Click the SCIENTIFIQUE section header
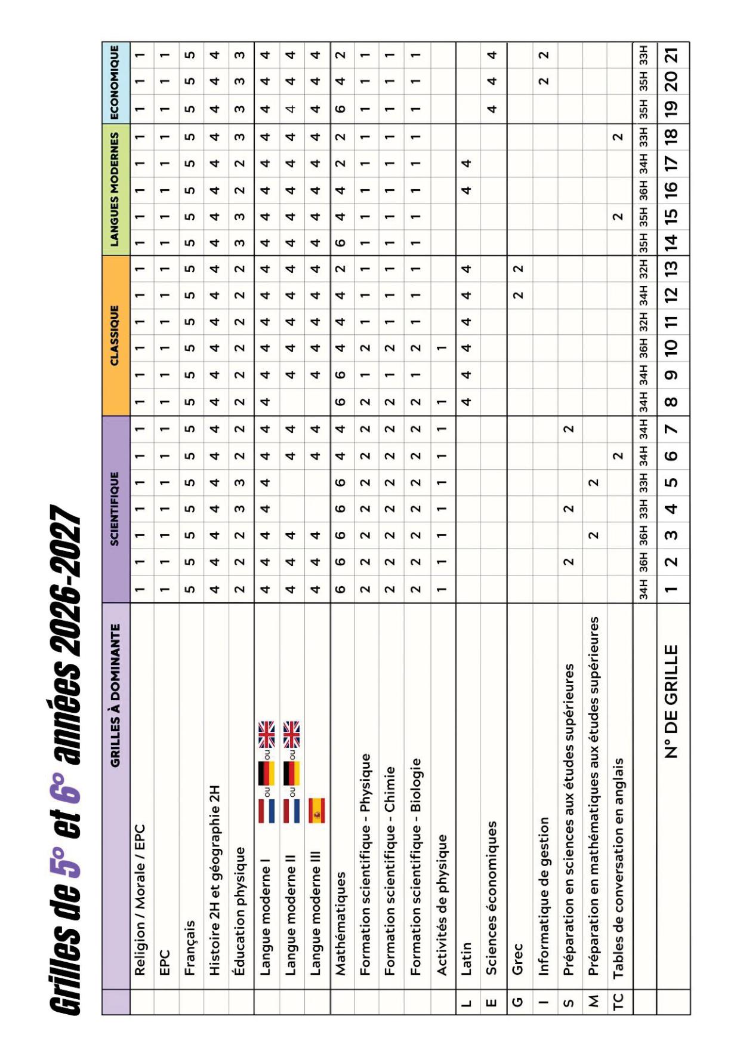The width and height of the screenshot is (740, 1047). tap(115, 509)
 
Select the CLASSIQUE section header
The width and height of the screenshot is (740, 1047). tap(115, 335)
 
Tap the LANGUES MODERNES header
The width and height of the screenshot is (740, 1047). tap(115, 189)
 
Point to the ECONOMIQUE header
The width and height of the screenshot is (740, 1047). tap(115, 82)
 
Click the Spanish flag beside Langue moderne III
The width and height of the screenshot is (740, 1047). tap(317, 810)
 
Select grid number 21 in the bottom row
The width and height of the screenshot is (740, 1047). tap(672, 56)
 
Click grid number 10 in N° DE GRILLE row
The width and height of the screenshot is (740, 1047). tap(672, 346)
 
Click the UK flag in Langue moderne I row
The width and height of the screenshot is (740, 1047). tap(266, 735)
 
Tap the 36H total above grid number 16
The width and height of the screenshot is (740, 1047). tap(644, 189)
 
